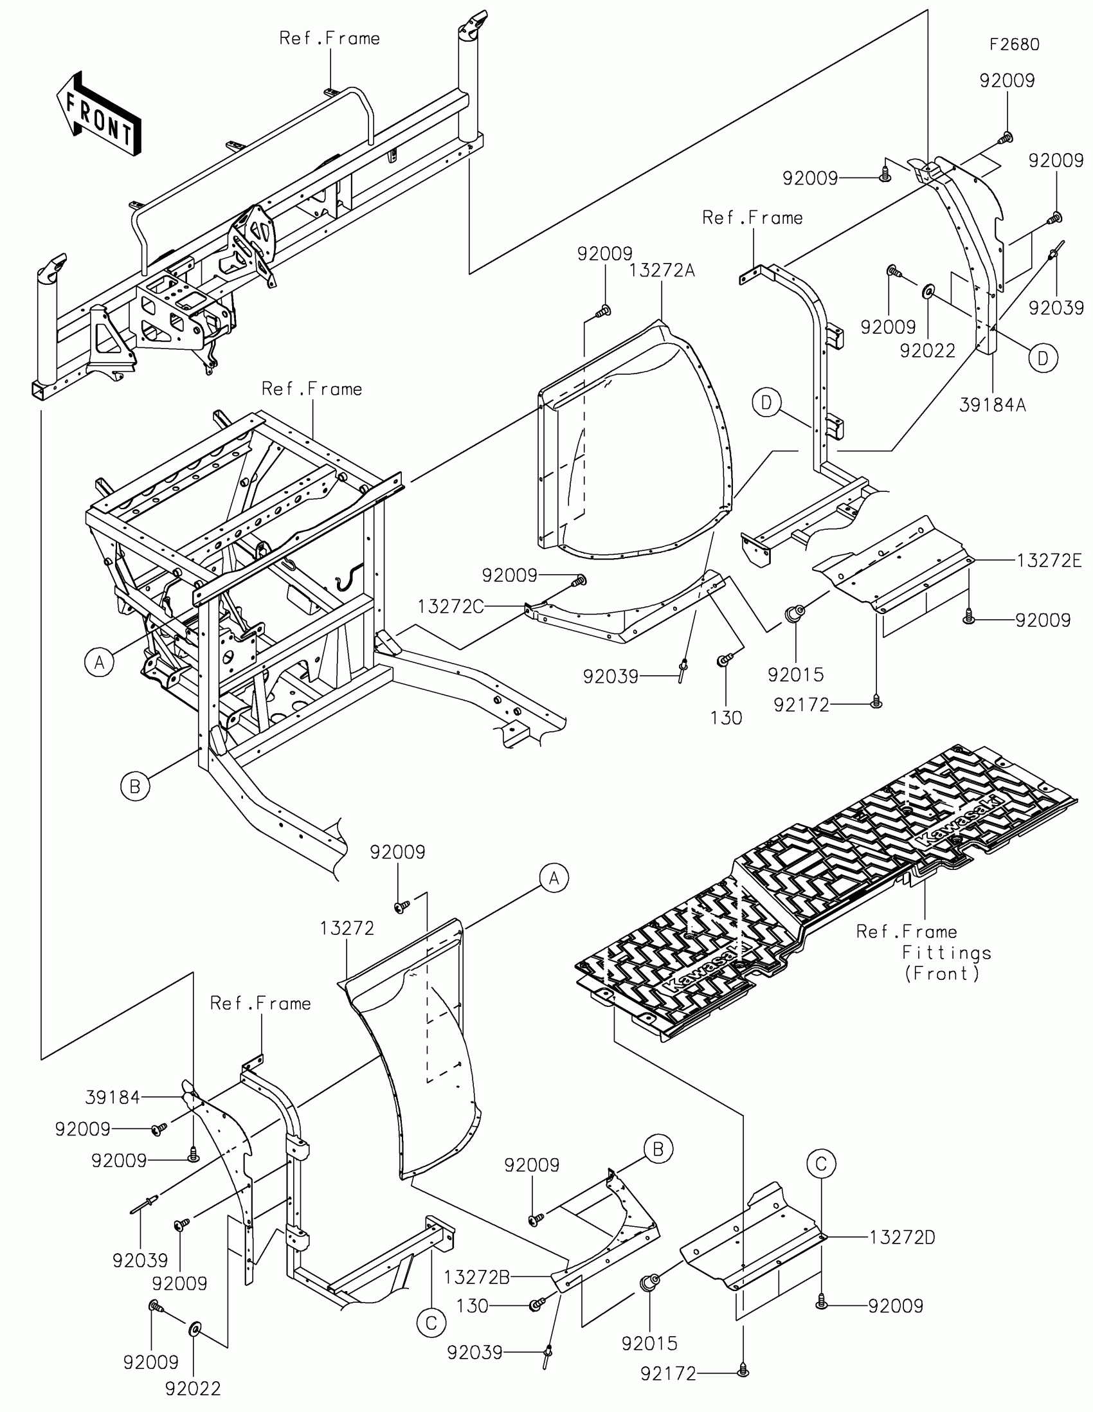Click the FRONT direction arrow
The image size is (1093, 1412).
99,114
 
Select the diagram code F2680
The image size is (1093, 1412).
1014,44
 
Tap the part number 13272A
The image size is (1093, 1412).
662,270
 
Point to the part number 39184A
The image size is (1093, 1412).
993,405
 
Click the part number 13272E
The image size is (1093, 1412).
1049,561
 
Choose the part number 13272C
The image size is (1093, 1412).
451,606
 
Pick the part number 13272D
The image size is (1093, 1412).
901,1238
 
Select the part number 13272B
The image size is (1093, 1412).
476,1277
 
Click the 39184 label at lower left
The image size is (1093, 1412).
113,1097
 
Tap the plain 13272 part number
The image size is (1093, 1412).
347,928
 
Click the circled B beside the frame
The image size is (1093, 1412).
135,786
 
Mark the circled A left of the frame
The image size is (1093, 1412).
99,662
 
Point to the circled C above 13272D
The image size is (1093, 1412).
821,1164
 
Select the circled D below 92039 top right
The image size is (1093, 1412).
1043,358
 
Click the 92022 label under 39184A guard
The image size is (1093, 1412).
928,350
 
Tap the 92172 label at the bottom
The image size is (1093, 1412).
669,1373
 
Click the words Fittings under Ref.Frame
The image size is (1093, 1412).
946,952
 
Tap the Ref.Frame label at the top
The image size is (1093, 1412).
329,38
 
